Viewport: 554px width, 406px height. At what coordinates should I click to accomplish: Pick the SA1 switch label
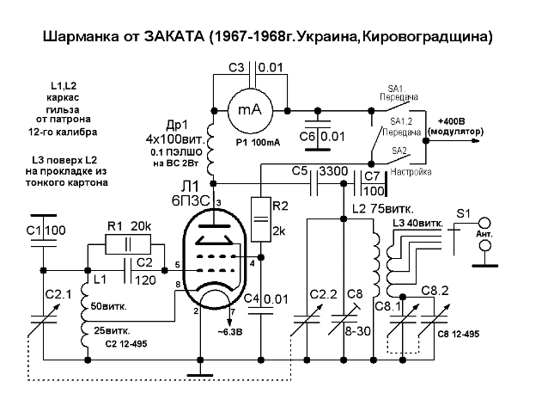396,89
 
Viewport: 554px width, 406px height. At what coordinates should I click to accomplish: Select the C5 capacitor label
299,171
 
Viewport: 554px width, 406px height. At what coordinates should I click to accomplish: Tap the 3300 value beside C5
332,171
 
